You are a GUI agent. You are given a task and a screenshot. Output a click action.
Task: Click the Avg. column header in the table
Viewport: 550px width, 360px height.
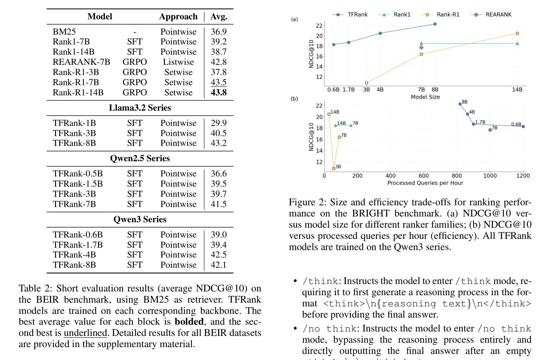[x=219, y=16]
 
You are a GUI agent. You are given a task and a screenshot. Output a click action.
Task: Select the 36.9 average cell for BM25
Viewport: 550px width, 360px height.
[x=219, y=32]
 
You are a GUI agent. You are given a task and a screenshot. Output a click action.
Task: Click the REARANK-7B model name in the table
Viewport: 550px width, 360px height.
[x=81, y=62]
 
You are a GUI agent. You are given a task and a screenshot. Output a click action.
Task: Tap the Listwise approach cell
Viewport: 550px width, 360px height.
[x=178, y=62]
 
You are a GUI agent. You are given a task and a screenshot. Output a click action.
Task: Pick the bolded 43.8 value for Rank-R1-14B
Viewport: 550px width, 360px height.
[x=219, y=92]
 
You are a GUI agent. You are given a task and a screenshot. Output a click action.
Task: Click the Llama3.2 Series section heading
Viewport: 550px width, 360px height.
[x=140, y=108]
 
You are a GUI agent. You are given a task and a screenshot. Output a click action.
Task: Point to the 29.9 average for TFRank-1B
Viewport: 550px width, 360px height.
[x=219, y=123]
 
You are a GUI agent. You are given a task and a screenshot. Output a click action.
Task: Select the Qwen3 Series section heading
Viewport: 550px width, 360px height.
[x=140, y=219]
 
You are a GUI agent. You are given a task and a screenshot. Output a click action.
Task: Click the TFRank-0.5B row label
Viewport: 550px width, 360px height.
[x=78, y=174]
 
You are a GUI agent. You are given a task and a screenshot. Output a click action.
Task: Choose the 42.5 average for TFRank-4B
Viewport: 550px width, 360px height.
[x=219, y=255]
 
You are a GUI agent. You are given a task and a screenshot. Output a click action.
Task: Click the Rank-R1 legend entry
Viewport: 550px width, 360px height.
[x=441, y=15]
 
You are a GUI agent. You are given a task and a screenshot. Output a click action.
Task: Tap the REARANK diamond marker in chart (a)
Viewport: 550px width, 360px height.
[x=421, y=48]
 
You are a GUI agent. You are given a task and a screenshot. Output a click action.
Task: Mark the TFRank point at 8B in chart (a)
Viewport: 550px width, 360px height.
[x=435, y=24]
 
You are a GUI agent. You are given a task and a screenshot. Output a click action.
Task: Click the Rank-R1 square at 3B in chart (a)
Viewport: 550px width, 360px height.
[x=366, y=83]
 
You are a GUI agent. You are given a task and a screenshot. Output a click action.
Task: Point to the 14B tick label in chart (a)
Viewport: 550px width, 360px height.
[x=517, y=90]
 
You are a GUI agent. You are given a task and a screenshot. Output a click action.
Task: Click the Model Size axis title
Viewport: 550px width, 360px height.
[x=425, y=97]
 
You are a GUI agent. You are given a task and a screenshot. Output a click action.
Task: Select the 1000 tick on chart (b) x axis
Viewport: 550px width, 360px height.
[x=490, y=176]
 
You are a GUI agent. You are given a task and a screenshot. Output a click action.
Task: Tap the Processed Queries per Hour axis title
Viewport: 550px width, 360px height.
[x=425, y=183]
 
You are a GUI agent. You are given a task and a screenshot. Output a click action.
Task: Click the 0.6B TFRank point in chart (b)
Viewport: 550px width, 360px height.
[x=523, y=127]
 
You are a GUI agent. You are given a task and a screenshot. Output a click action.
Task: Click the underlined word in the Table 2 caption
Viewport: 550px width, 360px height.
[x=85, y=333]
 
